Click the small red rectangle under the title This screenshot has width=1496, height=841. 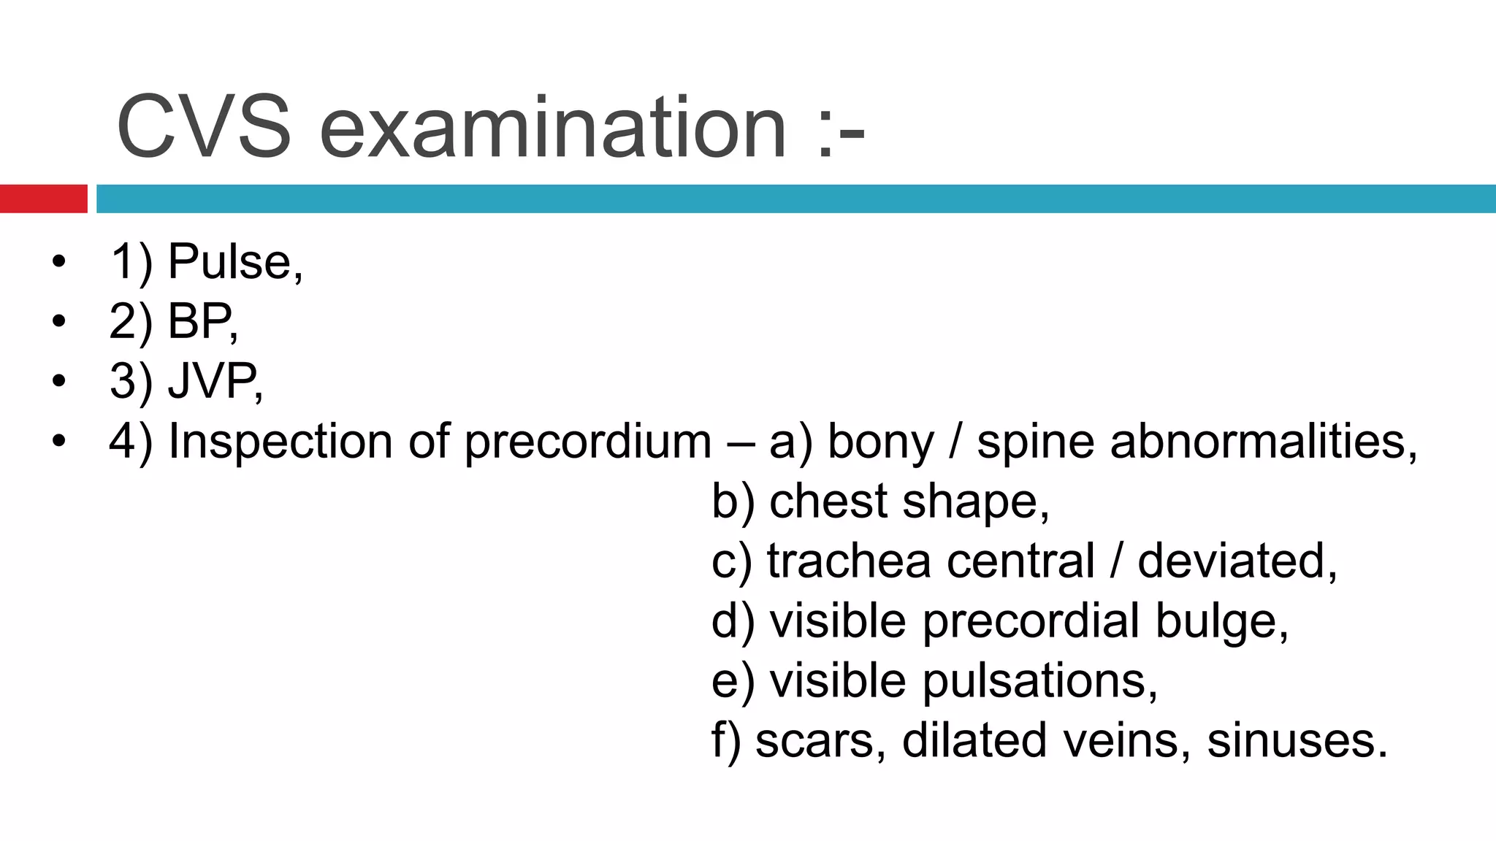point(43,199)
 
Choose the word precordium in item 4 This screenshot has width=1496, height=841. point(587,442)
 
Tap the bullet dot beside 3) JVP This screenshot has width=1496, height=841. point(58,381)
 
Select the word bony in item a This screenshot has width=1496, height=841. point(880,442)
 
